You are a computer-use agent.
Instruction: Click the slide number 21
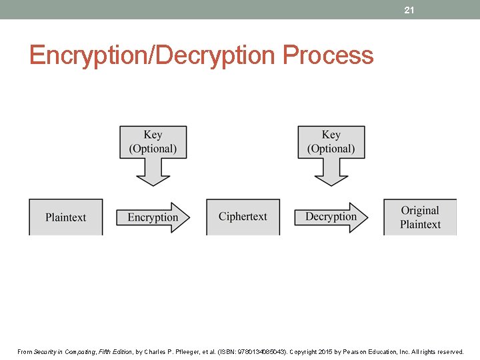[x=409, y=10]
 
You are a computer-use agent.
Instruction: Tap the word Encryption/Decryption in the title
[x=153, y=55]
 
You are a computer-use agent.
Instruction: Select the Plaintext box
[x=66, y=217]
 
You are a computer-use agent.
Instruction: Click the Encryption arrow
[x=153, y=217]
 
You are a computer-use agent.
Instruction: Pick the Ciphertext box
[x=243, y=217]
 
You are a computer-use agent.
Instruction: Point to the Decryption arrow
[x=331, y=217]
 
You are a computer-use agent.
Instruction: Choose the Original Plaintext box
[x=420, y=217]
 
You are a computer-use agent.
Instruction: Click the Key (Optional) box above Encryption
[x=153, y=142]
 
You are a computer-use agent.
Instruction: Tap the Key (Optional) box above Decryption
[x=331, y=142]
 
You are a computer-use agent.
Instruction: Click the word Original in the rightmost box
[x=420, y=210]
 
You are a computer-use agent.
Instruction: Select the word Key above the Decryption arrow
[x=331, y=135]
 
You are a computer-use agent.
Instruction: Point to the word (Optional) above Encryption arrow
[x=153, y=149]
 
